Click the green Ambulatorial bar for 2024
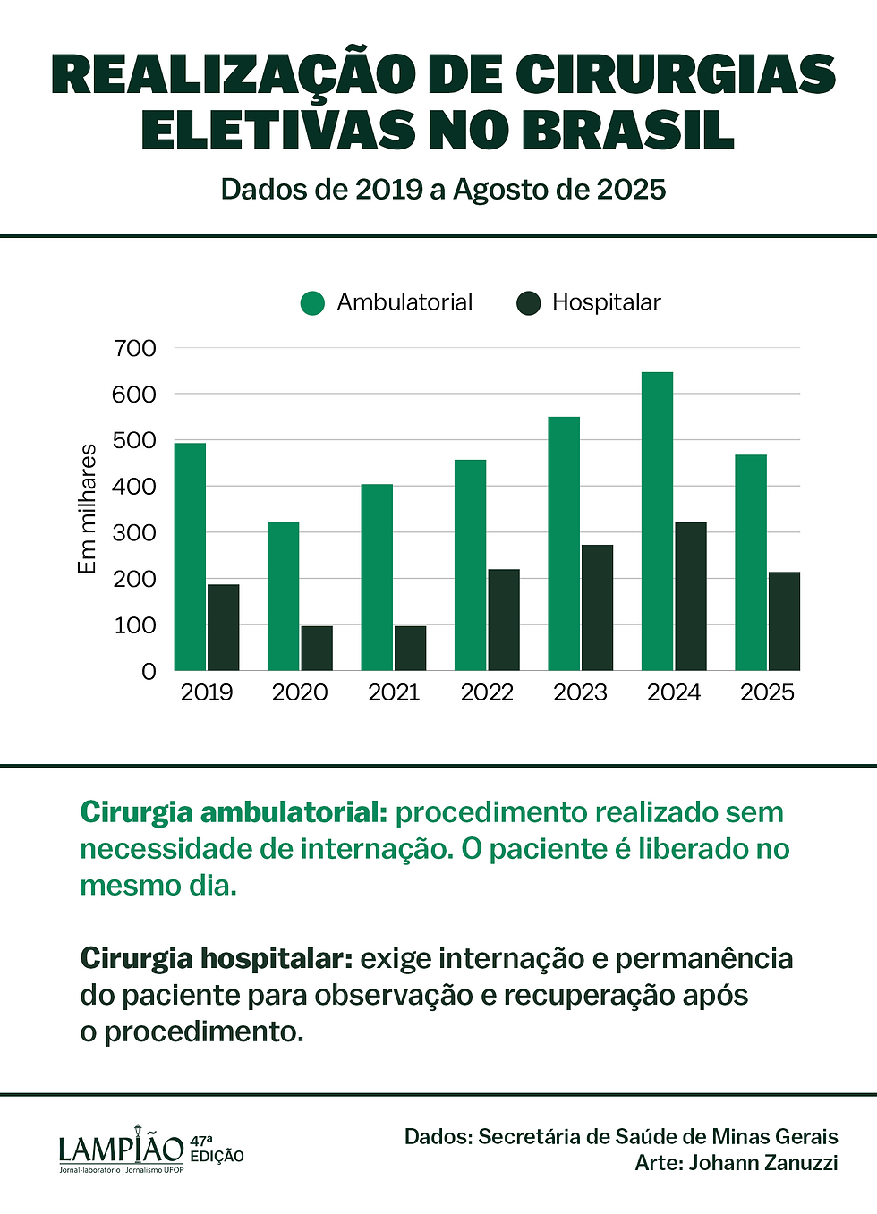tap(657, 521)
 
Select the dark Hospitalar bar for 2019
tap(224, 627)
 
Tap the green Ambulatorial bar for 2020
tap(283, 596)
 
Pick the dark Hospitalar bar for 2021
tap(410, 648)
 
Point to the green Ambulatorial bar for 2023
tap(564, 543)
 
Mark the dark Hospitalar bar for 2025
tap(784, 621)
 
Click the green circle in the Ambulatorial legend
tap(312, 303)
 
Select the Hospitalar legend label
tap(606, 302)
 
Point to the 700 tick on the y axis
tap(134, 348)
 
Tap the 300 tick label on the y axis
tap(134, 532)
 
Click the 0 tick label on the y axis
tap(149, 671)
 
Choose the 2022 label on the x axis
tap(487, 692)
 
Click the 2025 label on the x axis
tap(767, 692)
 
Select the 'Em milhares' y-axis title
tap(87, 508)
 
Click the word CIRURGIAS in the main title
tap(676, 74)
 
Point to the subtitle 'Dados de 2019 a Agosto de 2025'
tap(443, 190)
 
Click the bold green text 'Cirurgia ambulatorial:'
tap(233, 812)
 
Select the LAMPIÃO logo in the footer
tap(122, 1149)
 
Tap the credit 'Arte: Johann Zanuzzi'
tap(736, 1162)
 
